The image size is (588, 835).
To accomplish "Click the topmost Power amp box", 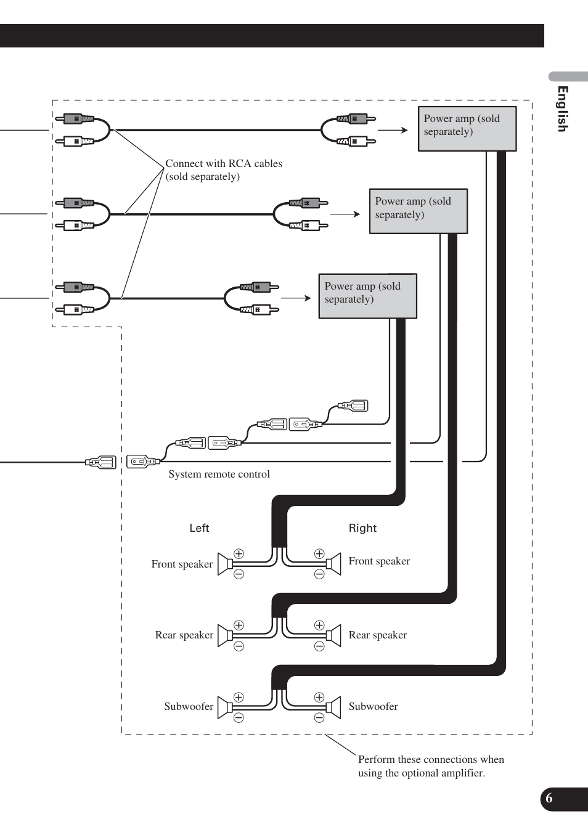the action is (467, 129).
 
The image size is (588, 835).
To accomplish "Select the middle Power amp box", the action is (419, 211).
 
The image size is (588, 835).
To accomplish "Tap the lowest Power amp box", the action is (367, 296).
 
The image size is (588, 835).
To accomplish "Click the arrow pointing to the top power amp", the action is (393, 130).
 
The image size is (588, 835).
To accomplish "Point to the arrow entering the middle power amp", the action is (345, 214).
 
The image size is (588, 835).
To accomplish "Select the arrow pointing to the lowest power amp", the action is (296, 298).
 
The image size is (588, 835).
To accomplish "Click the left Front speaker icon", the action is (225, 564).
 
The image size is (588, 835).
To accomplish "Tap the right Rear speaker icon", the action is (333, 635).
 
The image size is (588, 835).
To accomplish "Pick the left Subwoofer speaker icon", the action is (225, 707).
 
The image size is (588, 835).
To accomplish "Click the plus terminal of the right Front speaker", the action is (319, 553).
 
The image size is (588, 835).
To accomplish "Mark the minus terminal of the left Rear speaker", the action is (239, 646).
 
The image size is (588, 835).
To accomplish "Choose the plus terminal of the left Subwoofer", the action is (239, 697).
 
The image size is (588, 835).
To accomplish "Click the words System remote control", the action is (219, 474).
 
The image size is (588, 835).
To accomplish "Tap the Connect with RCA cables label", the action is (224, 169).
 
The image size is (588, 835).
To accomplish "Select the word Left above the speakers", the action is (199, 528).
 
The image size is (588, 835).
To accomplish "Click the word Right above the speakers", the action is (362, 528).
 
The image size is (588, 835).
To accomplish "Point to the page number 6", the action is (549, 798).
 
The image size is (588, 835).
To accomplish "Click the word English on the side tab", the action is (563, 109).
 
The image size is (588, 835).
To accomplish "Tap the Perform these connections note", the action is (431, 766).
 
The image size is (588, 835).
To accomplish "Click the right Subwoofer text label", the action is (374, 706).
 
